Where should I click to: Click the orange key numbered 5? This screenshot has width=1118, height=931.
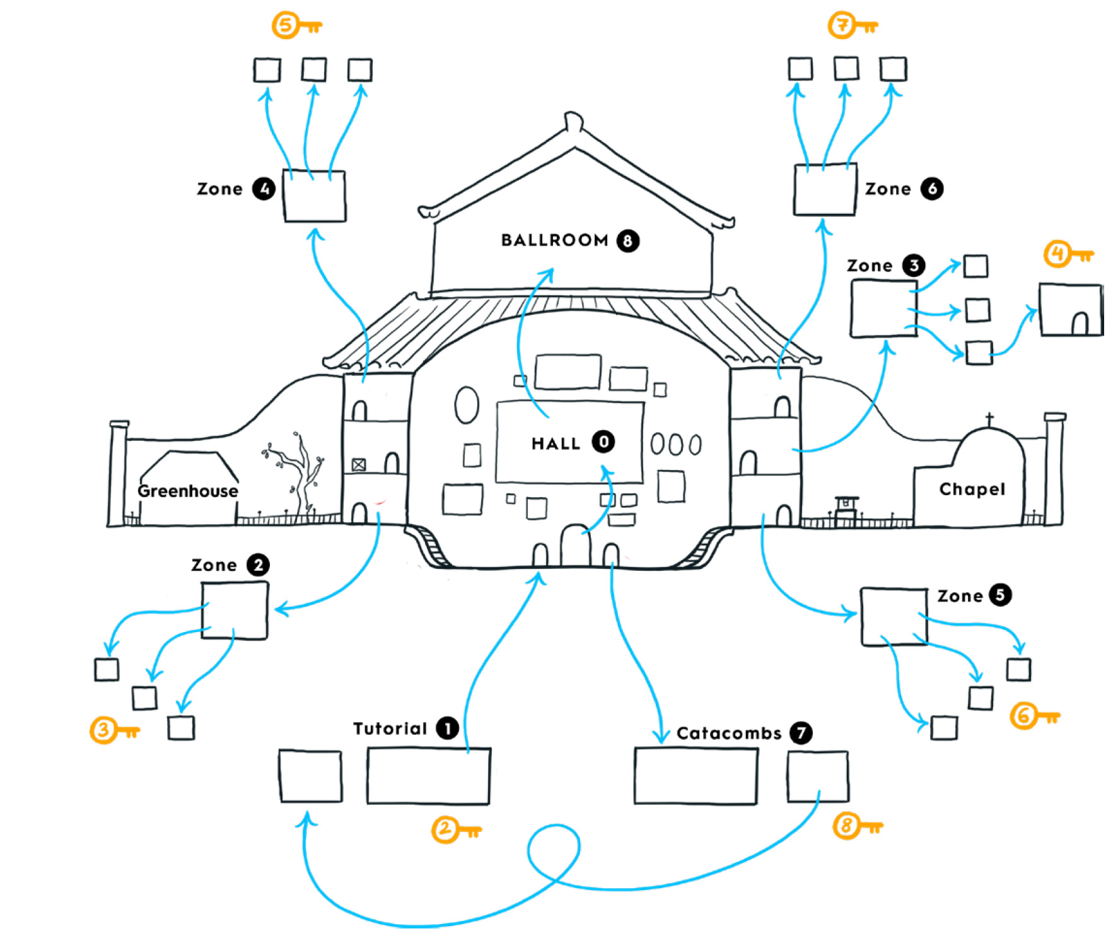296,26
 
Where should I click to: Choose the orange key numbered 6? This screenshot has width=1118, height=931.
1035,717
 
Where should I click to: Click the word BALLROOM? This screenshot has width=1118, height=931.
554,240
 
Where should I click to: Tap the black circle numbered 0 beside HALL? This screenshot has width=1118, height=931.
603,442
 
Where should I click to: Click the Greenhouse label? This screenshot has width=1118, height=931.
188,491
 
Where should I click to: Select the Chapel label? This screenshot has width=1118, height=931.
972,489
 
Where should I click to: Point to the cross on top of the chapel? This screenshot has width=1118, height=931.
989,419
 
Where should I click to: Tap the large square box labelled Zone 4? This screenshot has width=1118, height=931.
314,196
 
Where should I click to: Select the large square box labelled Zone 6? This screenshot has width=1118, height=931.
824,190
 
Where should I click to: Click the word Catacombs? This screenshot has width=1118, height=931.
729,734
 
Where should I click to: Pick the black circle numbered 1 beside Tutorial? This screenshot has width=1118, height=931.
447,729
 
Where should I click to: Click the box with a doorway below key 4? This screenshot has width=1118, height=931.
1070,310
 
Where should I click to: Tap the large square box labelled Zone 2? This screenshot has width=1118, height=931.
235,611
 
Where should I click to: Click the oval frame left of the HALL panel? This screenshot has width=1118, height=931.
467,405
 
